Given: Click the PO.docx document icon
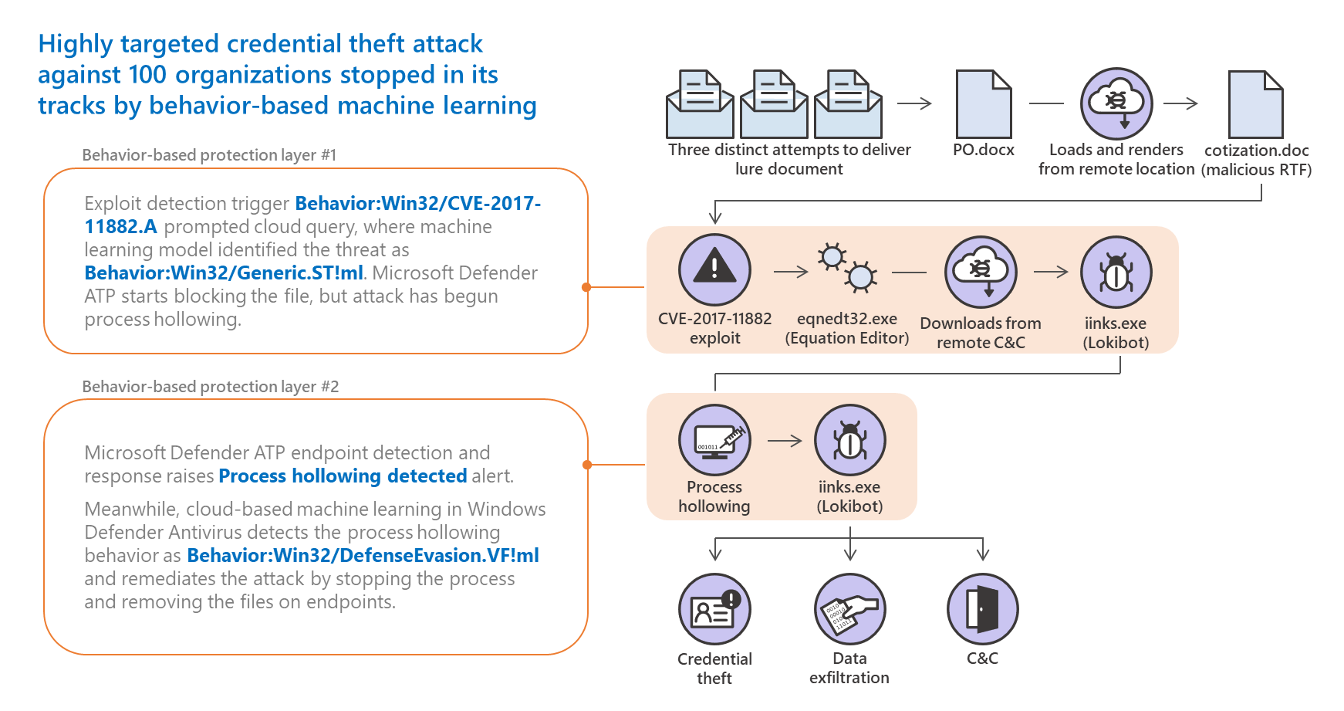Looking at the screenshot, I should tap(983, 104).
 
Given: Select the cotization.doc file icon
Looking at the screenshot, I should tap(1255, 104).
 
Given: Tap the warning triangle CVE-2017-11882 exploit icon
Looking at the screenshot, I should tap(714, 270).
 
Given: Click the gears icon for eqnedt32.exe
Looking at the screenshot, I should tap(846, 267).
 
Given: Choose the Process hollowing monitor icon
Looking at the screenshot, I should tap(714, 440).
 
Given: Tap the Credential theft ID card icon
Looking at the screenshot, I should tap(714, 609).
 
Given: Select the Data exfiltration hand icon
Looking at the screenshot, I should tap(849, 609).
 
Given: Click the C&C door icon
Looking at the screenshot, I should tap(982, 609).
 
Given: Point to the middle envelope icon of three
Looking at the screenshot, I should tap(774, 104).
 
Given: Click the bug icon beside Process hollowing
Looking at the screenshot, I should tap(849, 440).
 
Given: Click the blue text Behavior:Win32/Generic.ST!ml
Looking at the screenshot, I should tap(224, 273).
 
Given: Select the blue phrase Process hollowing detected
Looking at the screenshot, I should tap(343, 476).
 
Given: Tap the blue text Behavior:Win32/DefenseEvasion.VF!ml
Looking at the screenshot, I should tap(363, 556).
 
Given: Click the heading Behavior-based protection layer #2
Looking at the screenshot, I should tap(210, 387).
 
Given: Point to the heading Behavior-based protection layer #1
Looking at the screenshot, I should tap(209, 155).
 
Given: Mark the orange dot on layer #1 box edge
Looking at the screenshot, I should tap(586, 287).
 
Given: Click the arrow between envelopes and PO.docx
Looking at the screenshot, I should tap(914, 103).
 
